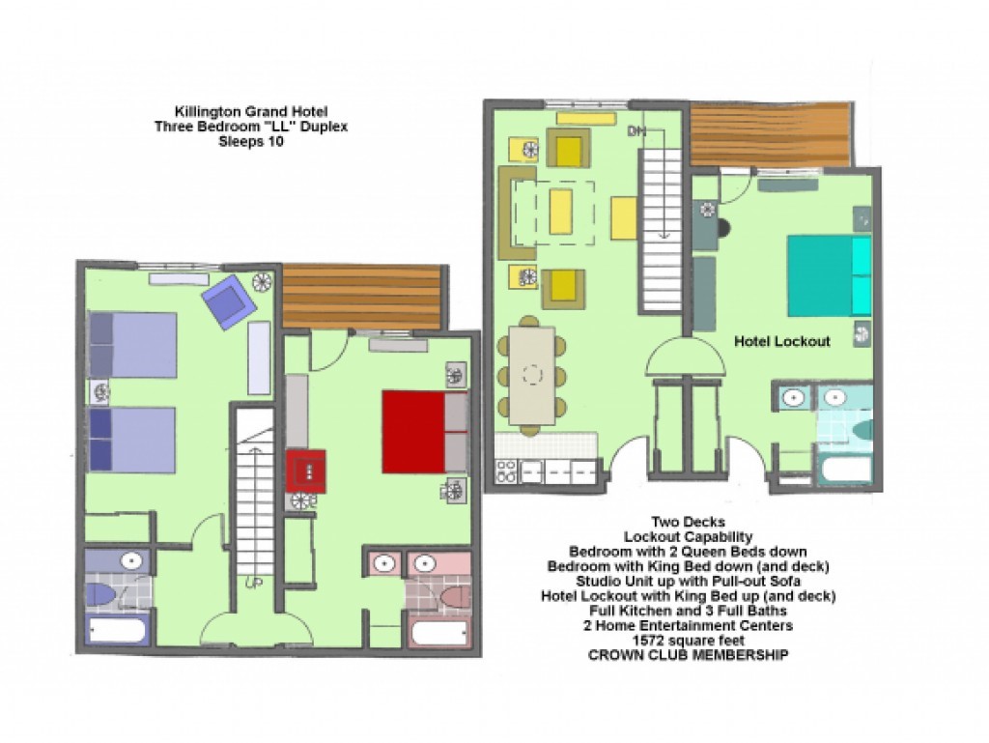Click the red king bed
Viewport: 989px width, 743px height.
coord(424,432)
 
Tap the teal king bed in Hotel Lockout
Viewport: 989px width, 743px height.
coord(830,275)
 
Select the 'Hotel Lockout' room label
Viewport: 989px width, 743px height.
coord(782,341)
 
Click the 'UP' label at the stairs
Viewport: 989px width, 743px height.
coord(254,584)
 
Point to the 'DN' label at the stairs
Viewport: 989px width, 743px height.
coord(636,131)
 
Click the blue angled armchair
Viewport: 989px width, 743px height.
coord(229,301)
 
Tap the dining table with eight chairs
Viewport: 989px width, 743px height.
coord(532,376)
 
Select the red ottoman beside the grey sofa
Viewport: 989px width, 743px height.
coord(306,471)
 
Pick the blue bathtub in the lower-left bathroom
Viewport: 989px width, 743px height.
coord(117,631)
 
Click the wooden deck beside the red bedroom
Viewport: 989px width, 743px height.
coord(361,296)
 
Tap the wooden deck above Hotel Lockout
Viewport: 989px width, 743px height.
coord(770,135)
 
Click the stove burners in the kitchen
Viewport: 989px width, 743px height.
coord(506,472)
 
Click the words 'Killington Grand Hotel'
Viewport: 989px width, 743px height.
coord(251,112)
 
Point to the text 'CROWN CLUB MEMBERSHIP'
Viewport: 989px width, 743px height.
coord(688,655)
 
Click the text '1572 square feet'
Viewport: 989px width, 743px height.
coord(688,641)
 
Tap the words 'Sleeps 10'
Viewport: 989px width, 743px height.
coord(251,142)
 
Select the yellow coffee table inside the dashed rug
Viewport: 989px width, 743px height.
coord(560,212)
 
